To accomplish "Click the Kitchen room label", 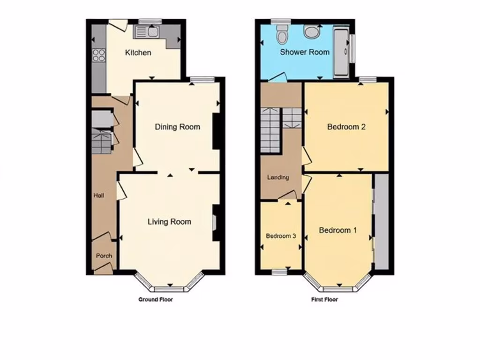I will [138, 52].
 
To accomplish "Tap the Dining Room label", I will [177, 127].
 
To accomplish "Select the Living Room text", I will [169, 221].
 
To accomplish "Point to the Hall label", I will [98, 195].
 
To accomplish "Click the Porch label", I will [104, 256].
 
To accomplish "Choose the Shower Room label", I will [305, 52].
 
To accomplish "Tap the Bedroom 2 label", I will [346, 127].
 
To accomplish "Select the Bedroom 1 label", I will [338, 230].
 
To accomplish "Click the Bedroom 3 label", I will [281, 236].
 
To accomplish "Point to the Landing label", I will [278, 178].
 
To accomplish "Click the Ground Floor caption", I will [155, 299].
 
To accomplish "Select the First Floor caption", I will [324, 299].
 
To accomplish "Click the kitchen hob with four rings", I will [99, 55].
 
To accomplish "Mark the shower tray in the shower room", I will [341, 52].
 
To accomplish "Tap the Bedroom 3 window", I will [281, 272].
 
